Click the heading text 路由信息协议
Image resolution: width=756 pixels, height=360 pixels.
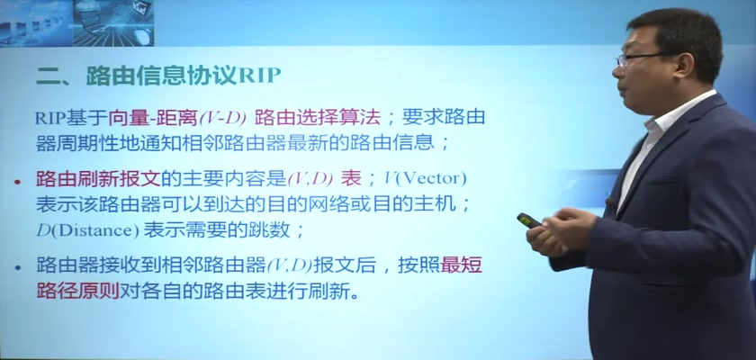163,76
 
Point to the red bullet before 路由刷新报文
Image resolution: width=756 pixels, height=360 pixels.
18,182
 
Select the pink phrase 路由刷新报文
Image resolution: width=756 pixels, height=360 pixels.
98,179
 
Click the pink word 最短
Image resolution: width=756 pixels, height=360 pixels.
462,265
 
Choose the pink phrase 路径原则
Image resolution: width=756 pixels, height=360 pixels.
77,291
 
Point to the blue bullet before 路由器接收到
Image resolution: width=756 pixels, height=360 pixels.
18,267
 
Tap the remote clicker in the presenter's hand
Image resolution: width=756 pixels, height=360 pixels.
530,220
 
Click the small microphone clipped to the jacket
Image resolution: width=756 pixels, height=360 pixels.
611,202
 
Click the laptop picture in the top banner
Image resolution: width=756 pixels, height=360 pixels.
113,23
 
